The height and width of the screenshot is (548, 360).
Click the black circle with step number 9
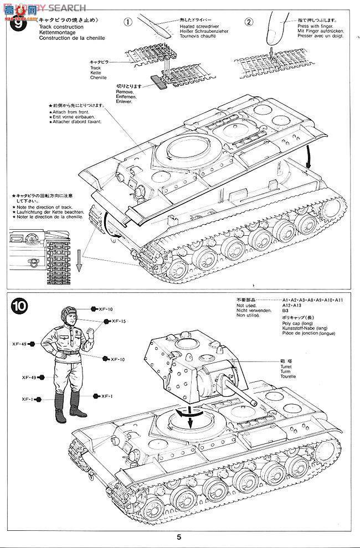[20, 25]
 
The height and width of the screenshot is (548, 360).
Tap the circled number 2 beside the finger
[249, 23]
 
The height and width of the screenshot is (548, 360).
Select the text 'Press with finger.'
[314, 26]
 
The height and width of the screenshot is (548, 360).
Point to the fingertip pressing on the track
[271, 39]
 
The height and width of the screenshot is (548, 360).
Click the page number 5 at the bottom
[179, 536]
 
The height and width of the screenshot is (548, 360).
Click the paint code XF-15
[119, 322]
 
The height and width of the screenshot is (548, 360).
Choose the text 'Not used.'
[246, 305]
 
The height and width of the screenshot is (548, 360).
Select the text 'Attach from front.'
[71, 112]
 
